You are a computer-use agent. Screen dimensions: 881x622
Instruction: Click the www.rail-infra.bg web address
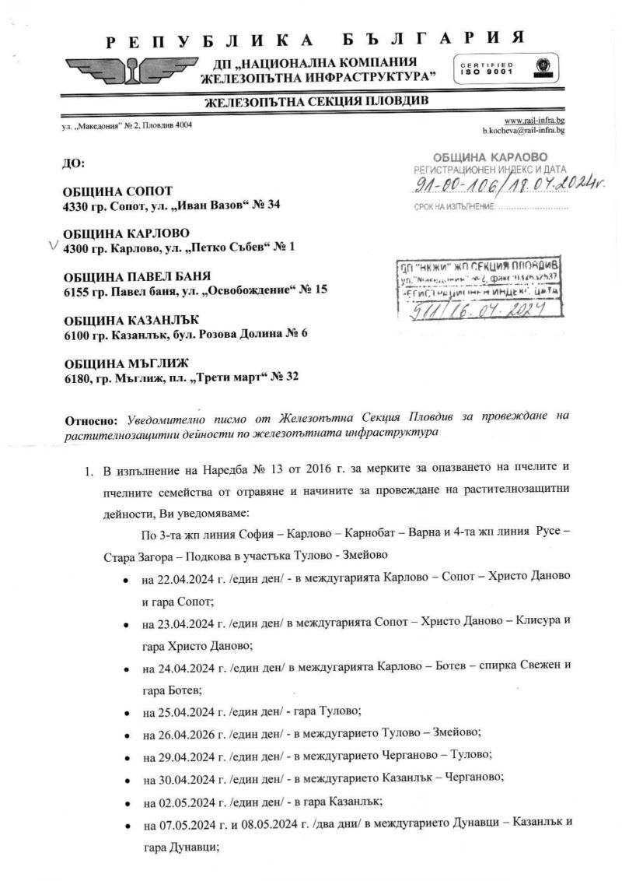pos(534,121)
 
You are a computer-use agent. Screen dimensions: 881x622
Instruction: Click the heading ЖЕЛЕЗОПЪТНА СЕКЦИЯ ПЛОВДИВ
pos(316,102)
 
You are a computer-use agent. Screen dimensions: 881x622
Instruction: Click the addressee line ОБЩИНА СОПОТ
pos(118,191)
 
